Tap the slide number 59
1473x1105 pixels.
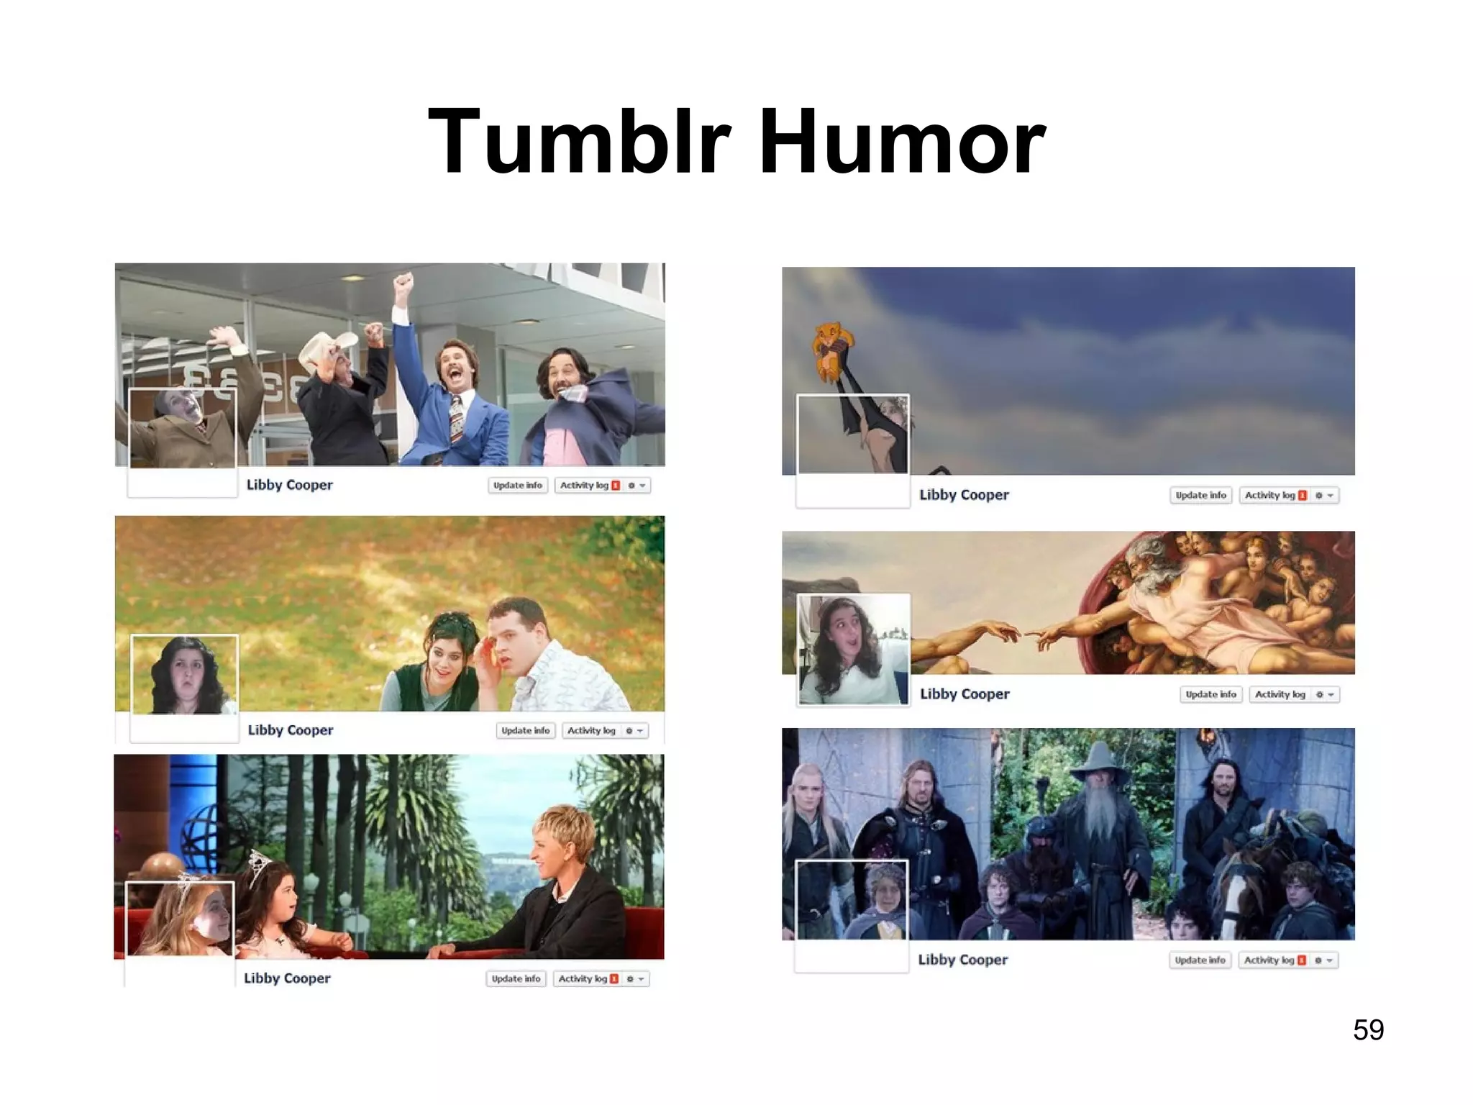tap(1368, 1029)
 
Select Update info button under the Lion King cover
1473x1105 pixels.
tap(1200, 495)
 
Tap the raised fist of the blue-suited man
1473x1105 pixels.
tap(404, 282)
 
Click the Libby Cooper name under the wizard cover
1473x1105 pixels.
tap(962, 960)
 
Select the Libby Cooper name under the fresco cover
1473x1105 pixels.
tap(964, 694)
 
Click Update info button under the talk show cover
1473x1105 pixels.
tap(516, 978)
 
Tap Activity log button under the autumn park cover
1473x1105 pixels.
tap(591, 730)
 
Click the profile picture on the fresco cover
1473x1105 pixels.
tap(853, 649)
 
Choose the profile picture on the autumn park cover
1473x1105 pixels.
tap(185, 675)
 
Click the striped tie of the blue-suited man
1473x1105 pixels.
tap(457, 418)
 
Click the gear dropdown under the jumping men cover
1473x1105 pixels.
tap(636, 486)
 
